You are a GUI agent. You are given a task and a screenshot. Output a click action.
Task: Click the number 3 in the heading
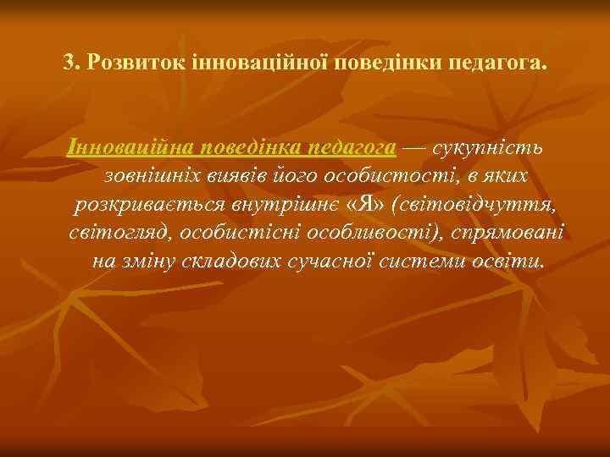[69, 63]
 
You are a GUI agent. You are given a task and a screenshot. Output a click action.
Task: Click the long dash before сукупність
[414, 147]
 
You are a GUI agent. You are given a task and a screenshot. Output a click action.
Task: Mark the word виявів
[231, 176]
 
